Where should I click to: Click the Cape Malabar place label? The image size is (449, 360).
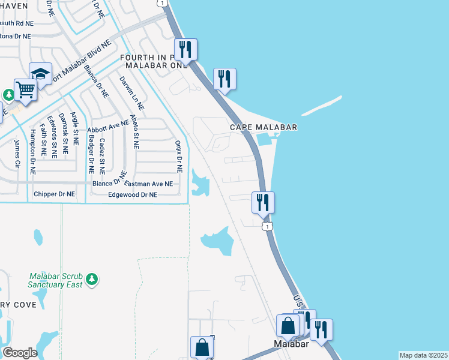point(264,127)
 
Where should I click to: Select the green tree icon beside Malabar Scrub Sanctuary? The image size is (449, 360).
point(91,279)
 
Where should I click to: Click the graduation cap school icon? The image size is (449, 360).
point(40,74)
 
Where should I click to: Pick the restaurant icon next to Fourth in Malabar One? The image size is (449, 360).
point(186,49)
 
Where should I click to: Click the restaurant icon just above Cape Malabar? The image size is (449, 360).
point(224,78)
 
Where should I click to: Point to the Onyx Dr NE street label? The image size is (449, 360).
point(178,156)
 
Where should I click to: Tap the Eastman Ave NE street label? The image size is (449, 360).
point(149,184)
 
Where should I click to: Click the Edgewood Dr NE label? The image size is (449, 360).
point(133,195)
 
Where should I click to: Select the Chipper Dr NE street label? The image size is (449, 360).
point(55,194)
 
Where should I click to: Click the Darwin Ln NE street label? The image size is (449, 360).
point(131,93)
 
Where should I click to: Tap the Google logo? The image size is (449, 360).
point(20,352)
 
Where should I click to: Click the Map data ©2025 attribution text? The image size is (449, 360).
point(423,355)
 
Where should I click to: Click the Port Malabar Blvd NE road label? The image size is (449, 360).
point(80,62)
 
